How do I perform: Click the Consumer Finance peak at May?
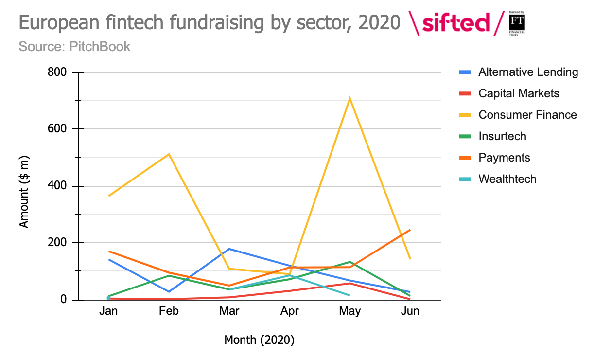349,99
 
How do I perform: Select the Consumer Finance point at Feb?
169,154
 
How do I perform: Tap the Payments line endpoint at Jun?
410,230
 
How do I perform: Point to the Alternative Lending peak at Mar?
229,249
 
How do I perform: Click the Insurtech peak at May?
349,262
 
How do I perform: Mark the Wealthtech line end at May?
349,295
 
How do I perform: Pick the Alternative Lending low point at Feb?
169,292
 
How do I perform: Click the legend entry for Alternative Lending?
528,72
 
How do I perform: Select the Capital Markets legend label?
519,93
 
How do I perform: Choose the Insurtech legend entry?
502,136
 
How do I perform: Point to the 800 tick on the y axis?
56,72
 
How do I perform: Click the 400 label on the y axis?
56,186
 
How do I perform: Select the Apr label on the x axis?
289,311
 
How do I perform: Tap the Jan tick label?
108,311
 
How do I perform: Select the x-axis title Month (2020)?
259,340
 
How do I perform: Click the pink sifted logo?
456,23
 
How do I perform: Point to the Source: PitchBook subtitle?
74,47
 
